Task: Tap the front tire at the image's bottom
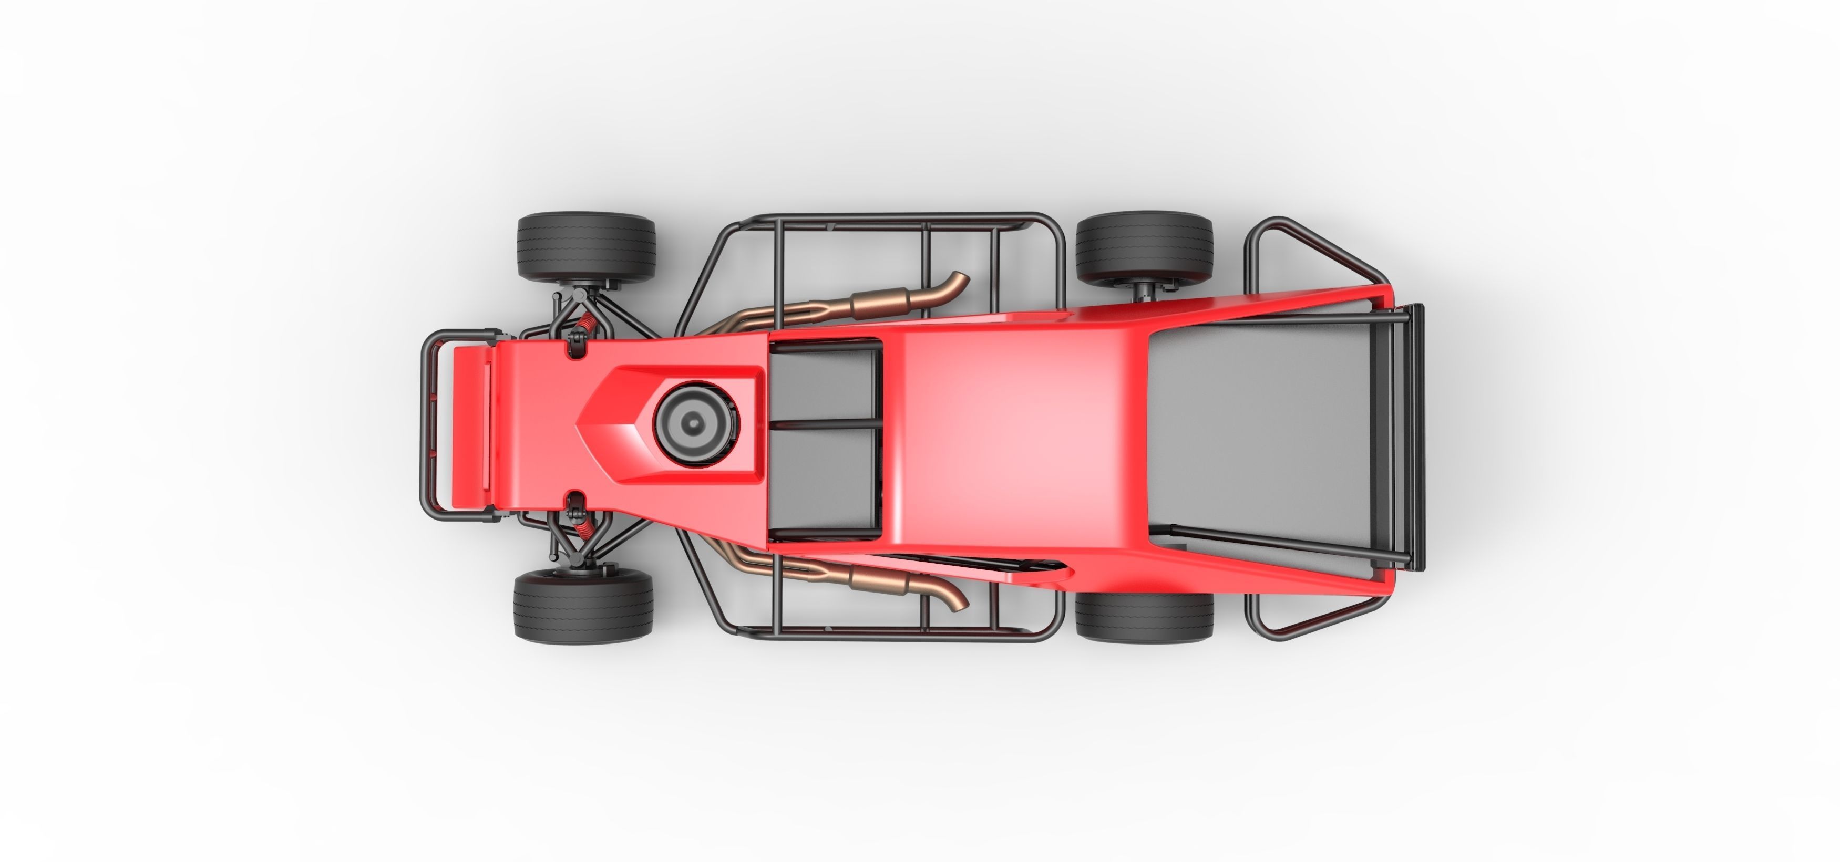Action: click(x=583, y=606)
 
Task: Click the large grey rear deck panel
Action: click(x=1257, y=429)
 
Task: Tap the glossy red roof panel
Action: click(x=1014, y=429)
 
